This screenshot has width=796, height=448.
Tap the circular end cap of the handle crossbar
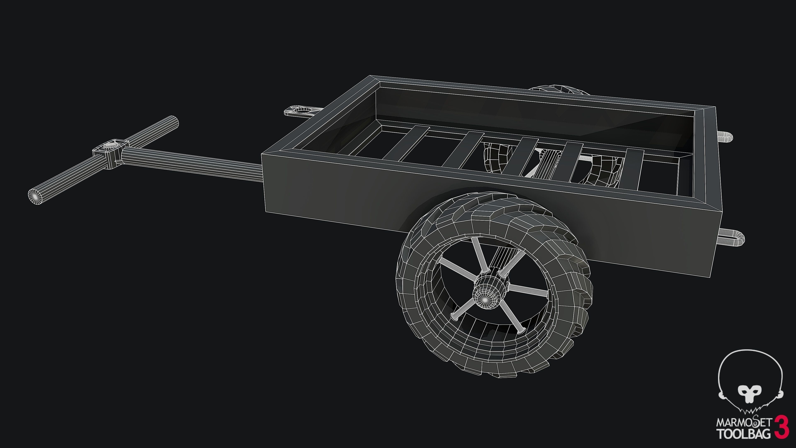point(36,195)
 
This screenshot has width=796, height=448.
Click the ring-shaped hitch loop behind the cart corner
point(299,110)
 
